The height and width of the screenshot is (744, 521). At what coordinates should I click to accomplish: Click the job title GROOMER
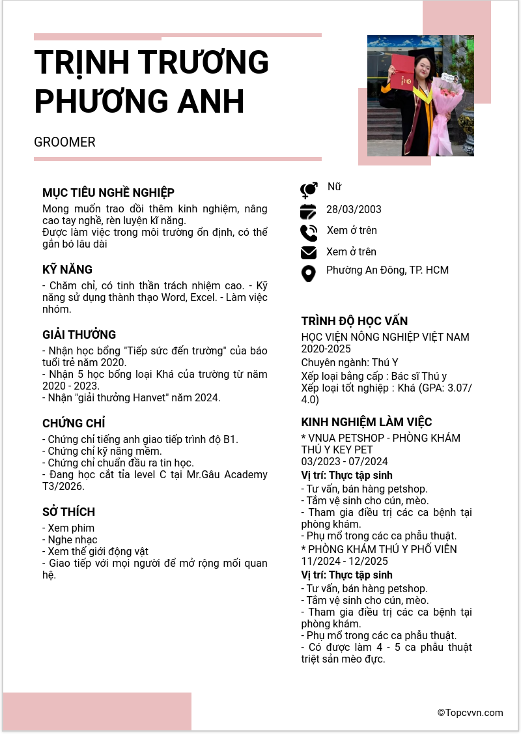64,142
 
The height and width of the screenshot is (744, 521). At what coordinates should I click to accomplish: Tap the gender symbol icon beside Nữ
309,190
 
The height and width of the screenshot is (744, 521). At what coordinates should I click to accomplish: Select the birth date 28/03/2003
354,209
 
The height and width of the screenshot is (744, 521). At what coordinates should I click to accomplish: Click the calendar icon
308,212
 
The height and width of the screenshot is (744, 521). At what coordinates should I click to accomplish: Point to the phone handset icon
309,233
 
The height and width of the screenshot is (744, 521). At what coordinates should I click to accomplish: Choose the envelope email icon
308,253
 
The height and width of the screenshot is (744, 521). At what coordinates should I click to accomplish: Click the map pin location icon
308,273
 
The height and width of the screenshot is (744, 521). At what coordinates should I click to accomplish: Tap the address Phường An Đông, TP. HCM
387,270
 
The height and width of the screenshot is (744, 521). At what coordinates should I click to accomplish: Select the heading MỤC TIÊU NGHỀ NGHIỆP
108,193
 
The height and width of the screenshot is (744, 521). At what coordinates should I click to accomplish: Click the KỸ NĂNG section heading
67,270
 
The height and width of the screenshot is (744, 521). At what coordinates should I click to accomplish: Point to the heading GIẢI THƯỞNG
79,335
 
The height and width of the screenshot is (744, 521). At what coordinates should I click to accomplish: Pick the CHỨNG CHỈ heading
74,423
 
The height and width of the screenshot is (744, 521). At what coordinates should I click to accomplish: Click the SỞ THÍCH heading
68,512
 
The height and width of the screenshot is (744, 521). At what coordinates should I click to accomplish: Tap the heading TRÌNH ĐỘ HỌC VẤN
354,321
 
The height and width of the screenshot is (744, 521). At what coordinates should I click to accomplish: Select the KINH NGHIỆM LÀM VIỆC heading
367,422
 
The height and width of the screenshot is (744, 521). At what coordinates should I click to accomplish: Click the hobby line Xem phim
68,528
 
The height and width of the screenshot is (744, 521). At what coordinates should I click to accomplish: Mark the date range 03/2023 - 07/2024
345,462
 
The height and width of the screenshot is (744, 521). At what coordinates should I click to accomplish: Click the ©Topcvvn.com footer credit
470,713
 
